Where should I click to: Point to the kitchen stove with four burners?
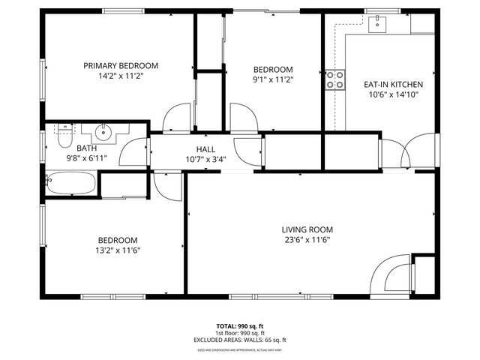click(334, 80)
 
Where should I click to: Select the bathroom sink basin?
click(102, 135)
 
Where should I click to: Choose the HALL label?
click(205, 149)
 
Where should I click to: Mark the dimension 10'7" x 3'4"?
click(205, 159)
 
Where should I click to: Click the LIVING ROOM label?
click(307, 229)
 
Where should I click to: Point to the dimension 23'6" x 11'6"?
click(307, 240)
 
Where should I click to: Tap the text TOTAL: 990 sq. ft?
click(240, 326)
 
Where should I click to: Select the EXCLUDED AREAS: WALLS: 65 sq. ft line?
click(240, 340)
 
